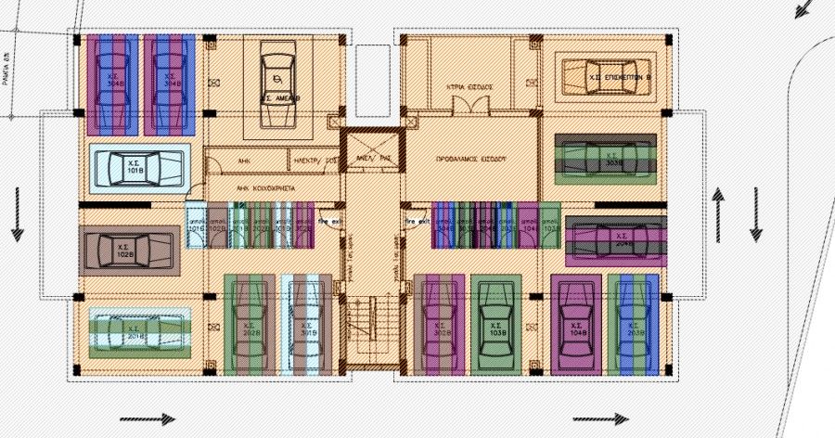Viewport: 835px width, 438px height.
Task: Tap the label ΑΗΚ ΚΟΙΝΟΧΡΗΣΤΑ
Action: click(265, 187)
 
